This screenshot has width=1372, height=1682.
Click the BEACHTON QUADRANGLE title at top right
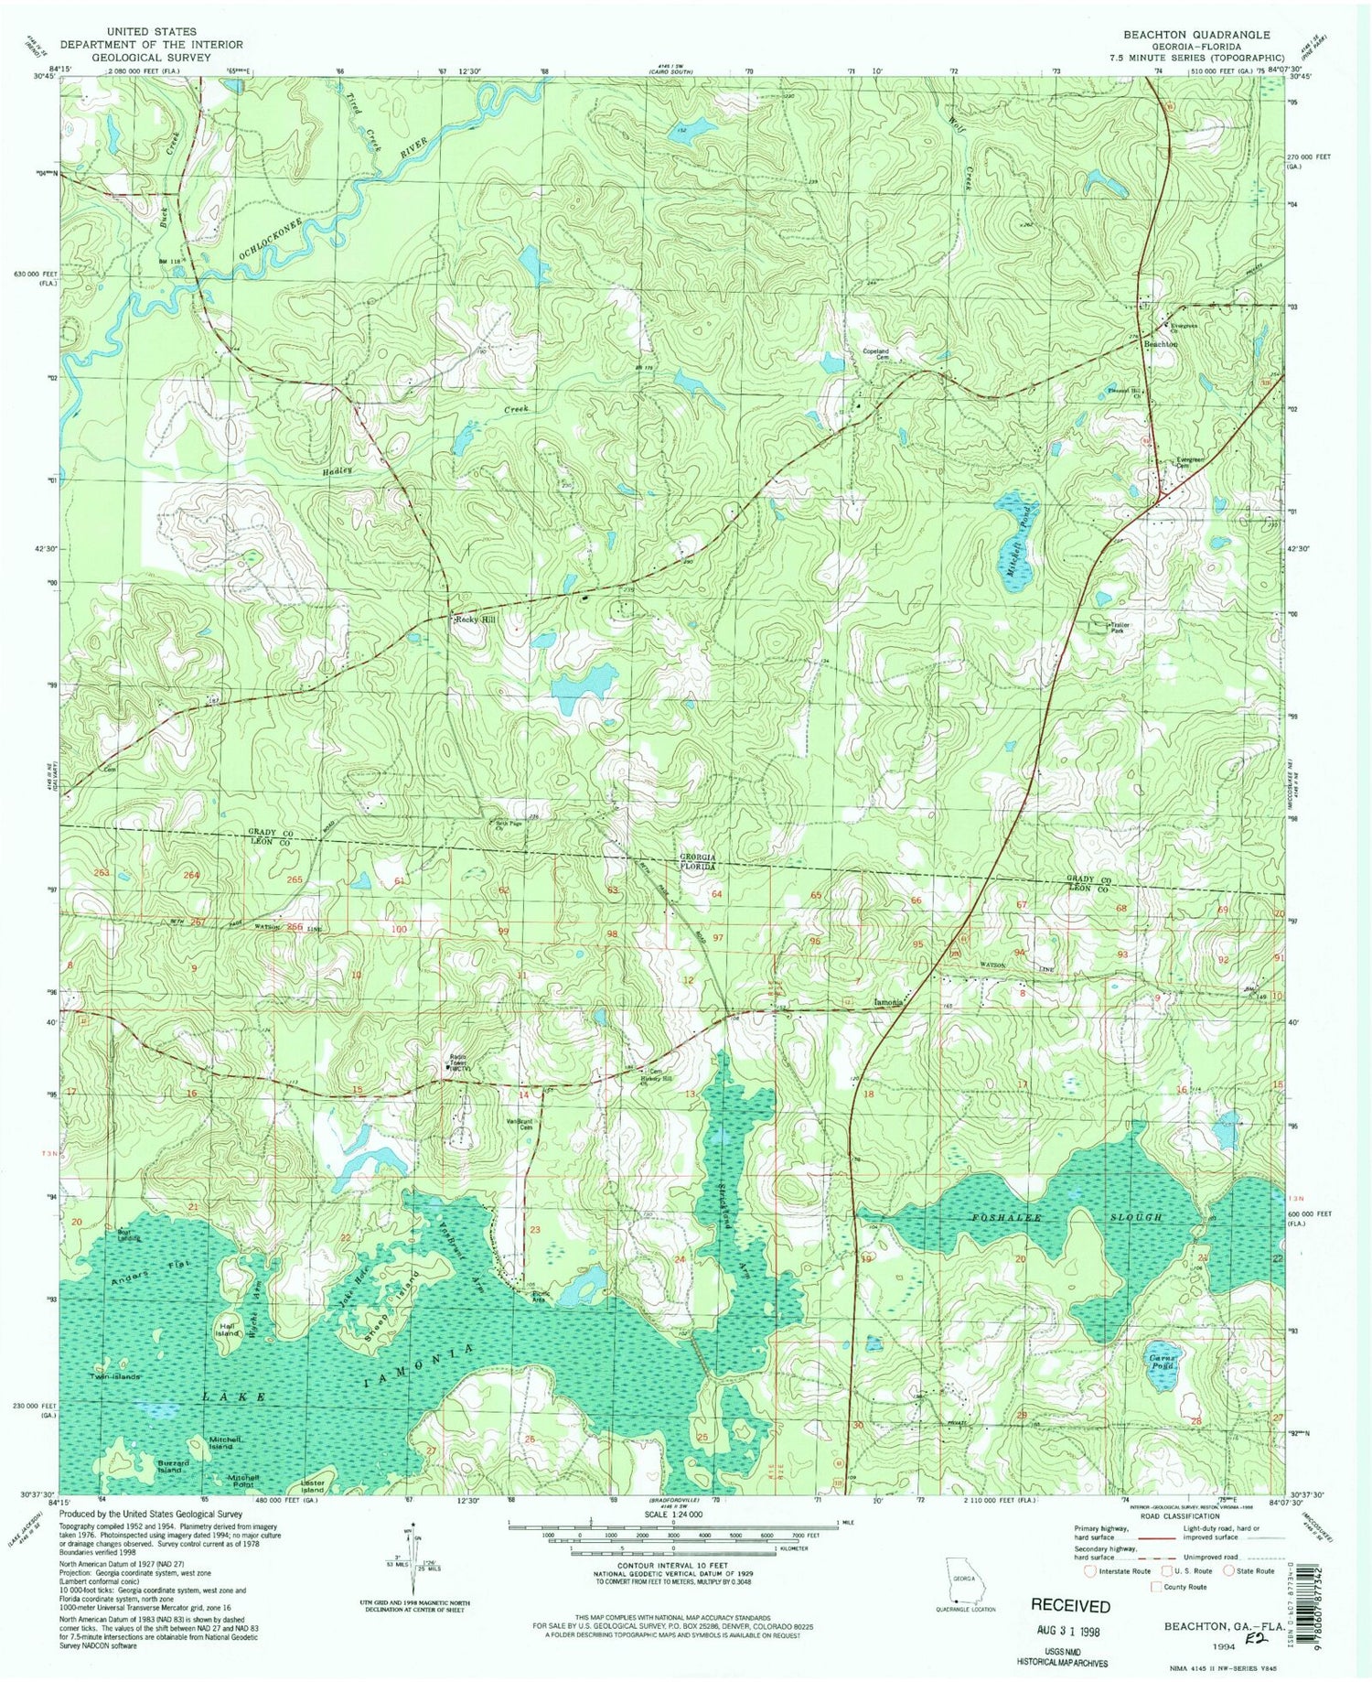click(x=1196, y=35)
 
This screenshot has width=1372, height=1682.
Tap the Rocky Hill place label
click(x=476, y=620)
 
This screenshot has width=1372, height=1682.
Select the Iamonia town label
click(x=888, y=1002)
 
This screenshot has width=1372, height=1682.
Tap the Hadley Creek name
click(x=337, y=469)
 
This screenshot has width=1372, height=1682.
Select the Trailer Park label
click(x=1120, y=628)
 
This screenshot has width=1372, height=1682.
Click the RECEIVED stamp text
click(x=1070, y=1606)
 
